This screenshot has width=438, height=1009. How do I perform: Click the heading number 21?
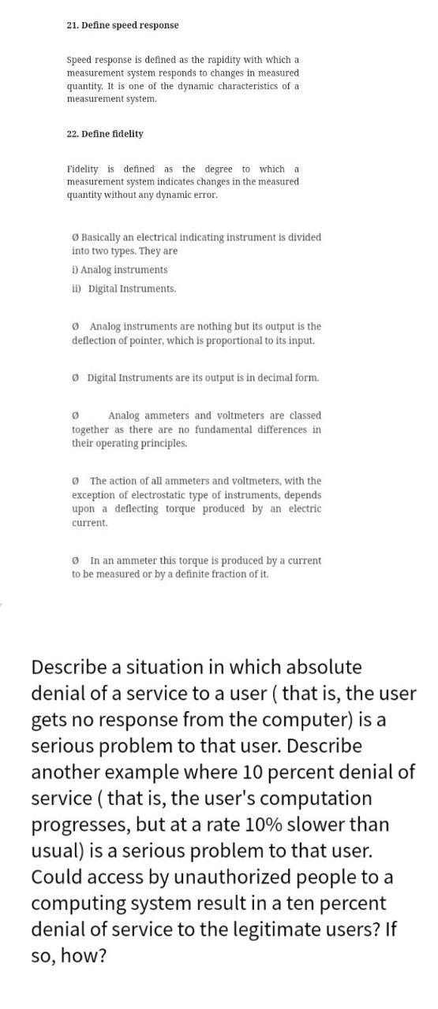[x=73, y=25]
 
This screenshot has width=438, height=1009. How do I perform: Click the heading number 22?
[x=73, y=134]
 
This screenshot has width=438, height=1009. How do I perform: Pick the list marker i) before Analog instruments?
[x=75, y=270]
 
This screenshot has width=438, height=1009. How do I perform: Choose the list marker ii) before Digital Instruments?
[x=77, y=289]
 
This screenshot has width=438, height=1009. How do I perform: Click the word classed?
[x=305, y=415]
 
